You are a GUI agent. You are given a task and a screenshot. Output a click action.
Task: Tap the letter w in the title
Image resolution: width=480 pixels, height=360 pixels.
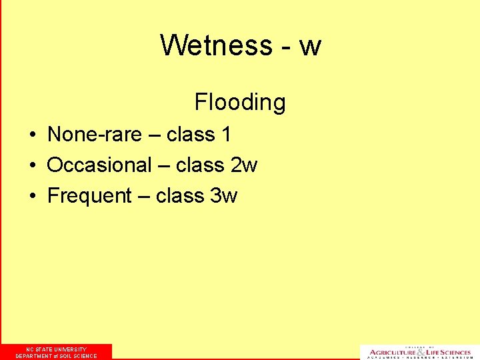click(310, 47)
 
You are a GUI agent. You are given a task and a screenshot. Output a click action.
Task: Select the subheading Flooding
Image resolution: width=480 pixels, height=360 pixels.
click(240, 102)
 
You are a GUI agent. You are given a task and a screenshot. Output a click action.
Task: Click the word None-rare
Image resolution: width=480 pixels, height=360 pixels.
click(95, 135)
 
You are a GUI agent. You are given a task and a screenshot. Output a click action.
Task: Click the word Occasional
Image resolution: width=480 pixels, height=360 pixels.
click(100, 165)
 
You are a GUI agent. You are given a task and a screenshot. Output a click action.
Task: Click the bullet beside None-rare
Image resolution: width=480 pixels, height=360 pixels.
click(32, 135)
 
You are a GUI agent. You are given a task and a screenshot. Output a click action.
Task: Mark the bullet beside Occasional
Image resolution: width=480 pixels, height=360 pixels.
click(32, 165)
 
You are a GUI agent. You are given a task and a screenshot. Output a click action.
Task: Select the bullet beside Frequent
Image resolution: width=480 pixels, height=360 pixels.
click(32, 197)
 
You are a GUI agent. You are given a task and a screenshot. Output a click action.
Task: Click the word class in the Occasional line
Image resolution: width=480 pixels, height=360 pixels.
click(199, 165)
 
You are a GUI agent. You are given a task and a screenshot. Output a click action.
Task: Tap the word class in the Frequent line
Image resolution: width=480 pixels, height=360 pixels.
click(179, 196)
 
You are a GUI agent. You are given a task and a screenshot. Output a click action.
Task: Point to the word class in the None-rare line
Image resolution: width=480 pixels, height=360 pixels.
click(190, 135)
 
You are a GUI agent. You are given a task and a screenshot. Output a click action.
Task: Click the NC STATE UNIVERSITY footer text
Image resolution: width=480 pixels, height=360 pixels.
click(56, 349)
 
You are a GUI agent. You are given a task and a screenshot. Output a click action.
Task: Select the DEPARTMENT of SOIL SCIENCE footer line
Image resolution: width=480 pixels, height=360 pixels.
click(56, 356)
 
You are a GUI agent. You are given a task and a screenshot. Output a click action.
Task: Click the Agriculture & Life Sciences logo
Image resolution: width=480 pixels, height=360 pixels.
click(420, 352)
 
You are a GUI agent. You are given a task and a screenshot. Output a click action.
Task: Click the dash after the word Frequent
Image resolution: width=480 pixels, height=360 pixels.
click(144, 197)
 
